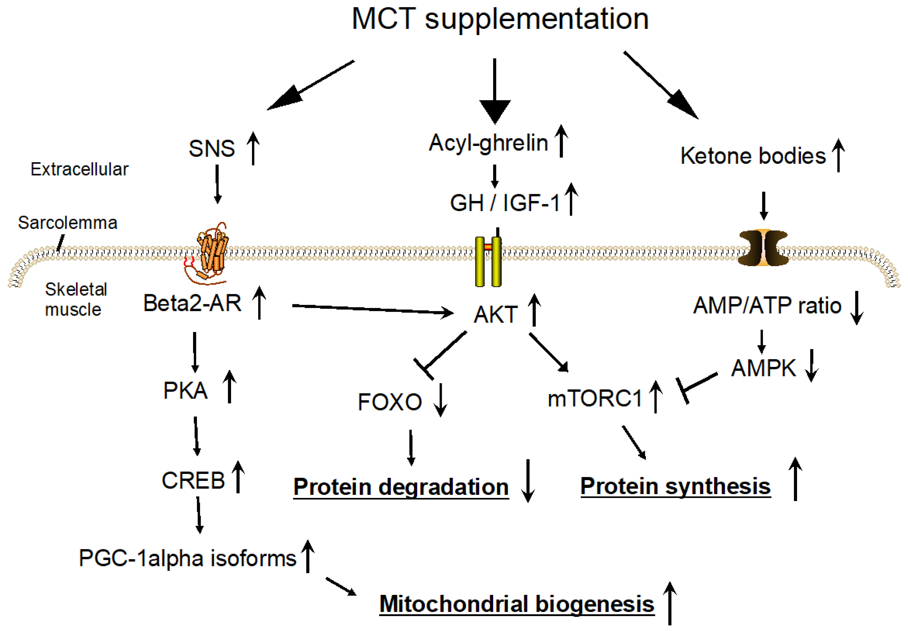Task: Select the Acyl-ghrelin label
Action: click(488, 143)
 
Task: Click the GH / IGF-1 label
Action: click(505, 203)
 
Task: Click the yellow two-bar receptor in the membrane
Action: click(488, 261)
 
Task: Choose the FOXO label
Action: click(390, 402)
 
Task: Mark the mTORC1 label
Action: click(594, 398)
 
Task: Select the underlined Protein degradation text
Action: click(401, 487)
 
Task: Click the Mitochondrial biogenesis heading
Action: click(516, 604)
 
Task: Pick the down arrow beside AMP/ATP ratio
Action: click(857, 308)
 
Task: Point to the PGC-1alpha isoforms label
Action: click(188, 558)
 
